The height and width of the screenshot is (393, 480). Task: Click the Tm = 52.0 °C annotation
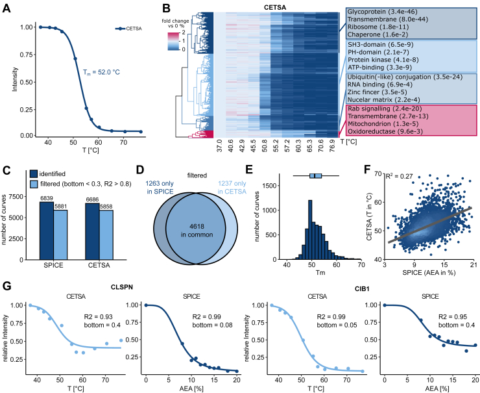101,72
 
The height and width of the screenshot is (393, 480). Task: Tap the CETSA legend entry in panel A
128,29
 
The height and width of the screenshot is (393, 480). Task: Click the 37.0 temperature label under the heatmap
219,146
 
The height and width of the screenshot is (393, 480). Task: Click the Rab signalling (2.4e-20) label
385,108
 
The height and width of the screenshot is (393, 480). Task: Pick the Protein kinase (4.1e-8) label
383,60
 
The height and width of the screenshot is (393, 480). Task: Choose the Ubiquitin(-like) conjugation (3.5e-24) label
405,77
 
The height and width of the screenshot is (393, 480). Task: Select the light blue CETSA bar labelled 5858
106,235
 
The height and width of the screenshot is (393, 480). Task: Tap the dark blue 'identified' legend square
34,174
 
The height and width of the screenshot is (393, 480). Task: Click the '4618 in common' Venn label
197,231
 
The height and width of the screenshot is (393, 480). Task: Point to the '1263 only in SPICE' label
159,187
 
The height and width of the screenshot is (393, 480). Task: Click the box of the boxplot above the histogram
316,175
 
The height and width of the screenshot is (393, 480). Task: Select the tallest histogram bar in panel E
310,229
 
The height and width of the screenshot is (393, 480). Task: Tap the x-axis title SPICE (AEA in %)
429,273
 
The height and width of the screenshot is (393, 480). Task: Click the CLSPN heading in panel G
122,287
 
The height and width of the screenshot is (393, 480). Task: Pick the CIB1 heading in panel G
362,289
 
